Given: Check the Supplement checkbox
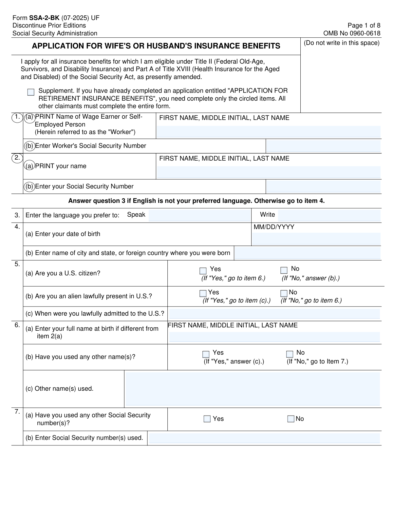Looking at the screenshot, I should (x=31, y=92).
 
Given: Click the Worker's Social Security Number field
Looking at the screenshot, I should (x=323, y=146).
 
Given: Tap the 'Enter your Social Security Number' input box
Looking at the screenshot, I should (x=323, y=186).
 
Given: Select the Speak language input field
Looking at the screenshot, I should (x=199, y=215).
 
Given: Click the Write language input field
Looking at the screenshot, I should (x=329, y=215).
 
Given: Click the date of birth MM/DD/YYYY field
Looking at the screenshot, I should (x=316, y=239).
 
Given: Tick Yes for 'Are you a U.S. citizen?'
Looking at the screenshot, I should (x=203, y=271).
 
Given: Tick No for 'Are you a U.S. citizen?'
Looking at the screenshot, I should (x=284, y=270).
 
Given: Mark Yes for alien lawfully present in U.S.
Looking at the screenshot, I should (x=203, y=293).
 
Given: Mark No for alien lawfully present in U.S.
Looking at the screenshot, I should (x=284, y=293).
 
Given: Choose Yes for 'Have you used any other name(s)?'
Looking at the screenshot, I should (x=206, y=354).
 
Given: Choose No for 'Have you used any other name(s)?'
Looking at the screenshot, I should (x=290, y=354).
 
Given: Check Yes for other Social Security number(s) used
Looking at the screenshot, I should (x=207, y=419).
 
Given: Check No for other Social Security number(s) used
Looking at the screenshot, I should (x=291, y=419).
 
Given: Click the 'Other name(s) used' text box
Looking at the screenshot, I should (x=253, y=389).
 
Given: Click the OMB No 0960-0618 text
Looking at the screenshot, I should (x=351, y=33).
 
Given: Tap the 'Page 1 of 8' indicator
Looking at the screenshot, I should (x=364, y=26).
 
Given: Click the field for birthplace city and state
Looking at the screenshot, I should (x=308, y=253).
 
